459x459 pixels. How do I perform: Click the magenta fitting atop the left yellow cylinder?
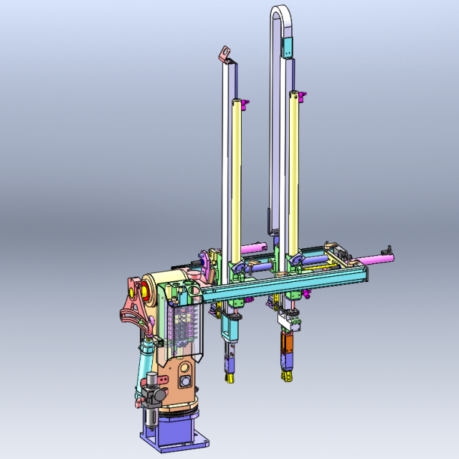pyautogui.click(x=247, y=104)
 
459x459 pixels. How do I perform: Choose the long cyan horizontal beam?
pyautogui.click(x=280, y=283)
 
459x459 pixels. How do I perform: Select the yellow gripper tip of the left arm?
pyautogui.click(x=229, y=377)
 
